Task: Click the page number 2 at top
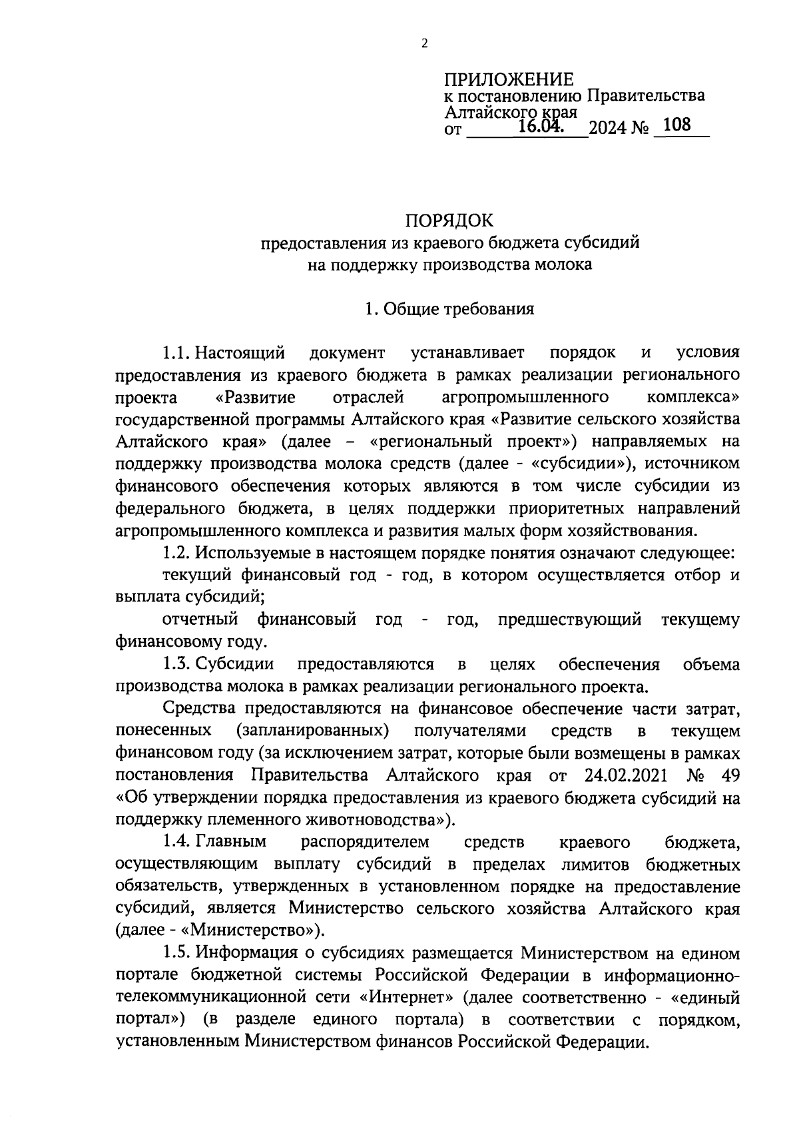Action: [425, 44]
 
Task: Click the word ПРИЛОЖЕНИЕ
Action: [509, 80]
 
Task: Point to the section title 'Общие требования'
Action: [459, 309]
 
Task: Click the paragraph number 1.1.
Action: [177, 352]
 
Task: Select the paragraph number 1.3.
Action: [177, 665]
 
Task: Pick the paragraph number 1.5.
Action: [177, 954]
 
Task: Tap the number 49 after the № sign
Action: [729, 776]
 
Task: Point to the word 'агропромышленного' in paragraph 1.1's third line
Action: [525, 398]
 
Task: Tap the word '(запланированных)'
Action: [312, 731]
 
